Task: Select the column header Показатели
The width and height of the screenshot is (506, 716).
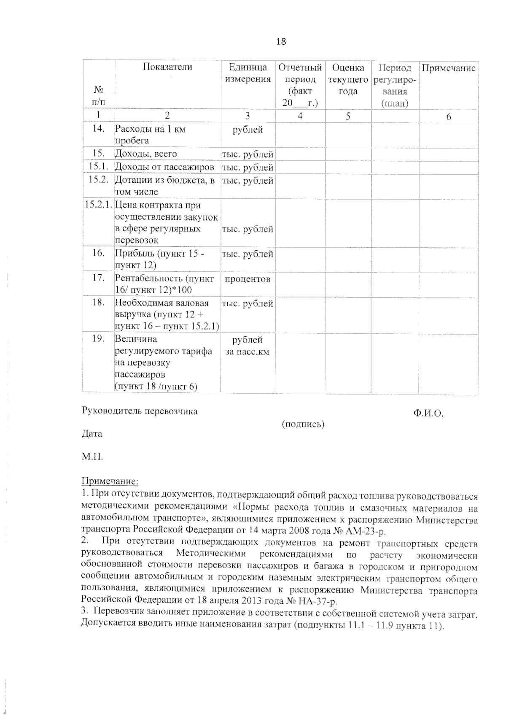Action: click(x=167, y=67)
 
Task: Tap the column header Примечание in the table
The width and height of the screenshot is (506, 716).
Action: click(x=449, y=68)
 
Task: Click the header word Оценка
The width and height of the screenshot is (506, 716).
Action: click(x=348, y=68)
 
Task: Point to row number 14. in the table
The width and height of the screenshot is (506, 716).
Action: click(x=98, y=129)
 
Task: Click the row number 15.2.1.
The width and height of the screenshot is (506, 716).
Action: click(x=99, y=205)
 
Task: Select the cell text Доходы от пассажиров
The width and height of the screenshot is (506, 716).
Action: click(x=164, y=168)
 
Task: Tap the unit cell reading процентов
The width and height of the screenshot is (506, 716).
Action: click(x=248, y=279)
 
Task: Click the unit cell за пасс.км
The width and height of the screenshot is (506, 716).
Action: click(x=248, y=352)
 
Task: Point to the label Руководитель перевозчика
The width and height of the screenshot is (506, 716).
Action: click(x=140, y=411)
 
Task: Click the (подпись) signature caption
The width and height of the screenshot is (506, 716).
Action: click(x=303, y=424)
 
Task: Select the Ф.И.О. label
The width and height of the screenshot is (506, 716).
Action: click(x=428, y=414)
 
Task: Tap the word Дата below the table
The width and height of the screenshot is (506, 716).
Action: click(x=92, y=433)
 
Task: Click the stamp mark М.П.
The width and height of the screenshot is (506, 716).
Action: click(x=92, y=457)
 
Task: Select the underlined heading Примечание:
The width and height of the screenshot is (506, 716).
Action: click(x=110, y=481)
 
